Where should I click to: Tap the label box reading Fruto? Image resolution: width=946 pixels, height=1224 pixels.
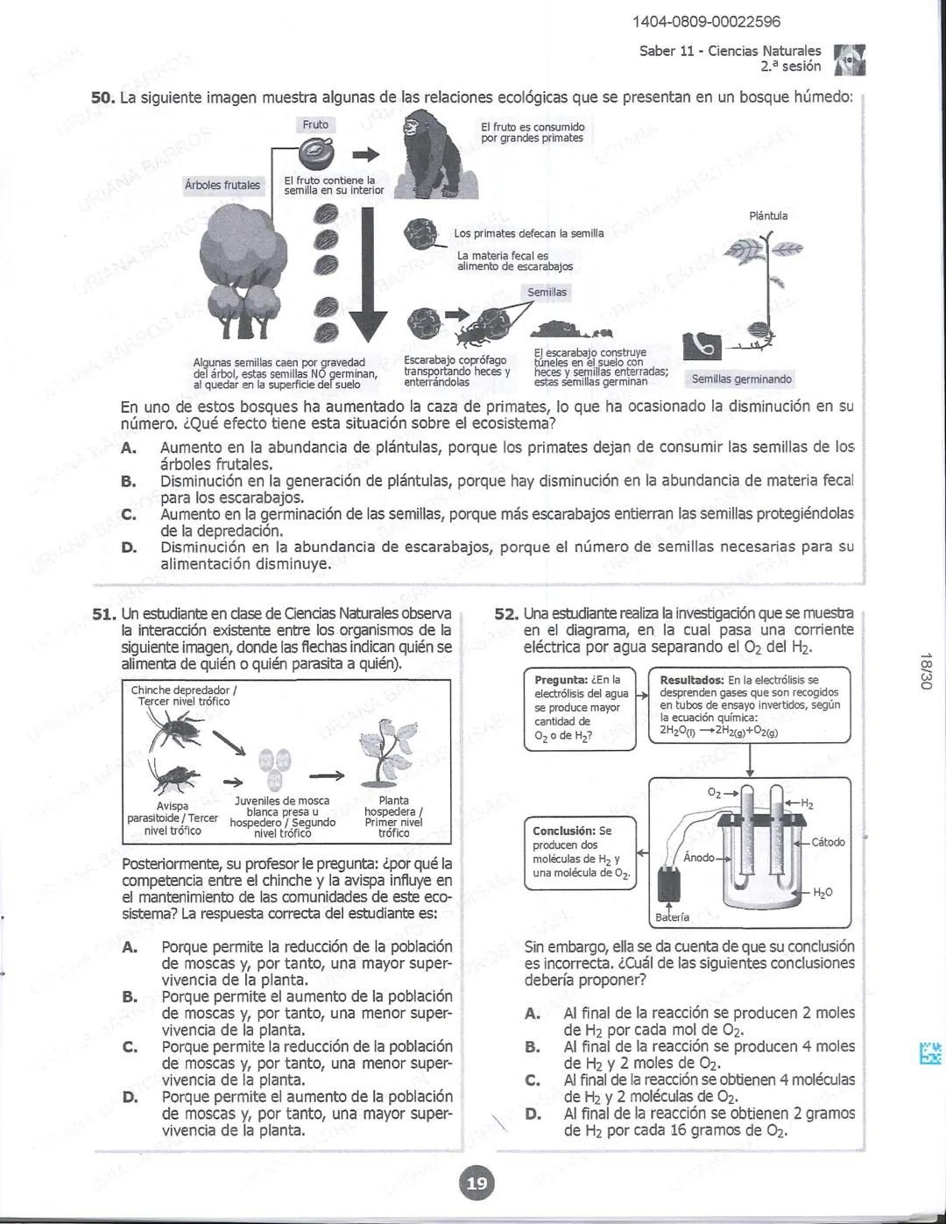point(315,125)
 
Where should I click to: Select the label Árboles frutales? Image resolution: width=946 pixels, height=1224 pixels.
point(222,185)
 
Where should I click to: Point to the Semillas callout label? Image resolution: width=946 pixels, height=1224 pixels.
point(547,292)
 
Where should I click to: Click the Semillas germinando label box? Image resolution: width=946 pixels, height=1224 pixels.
point(741,379)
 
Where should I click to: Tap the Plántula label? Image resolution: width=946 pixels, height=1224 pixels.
point(768,216)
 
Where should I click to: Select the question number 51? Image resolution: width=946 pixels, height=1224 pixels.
point(104,614)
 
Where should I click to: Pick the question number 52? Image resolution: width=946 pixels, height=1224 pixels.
point(506,614)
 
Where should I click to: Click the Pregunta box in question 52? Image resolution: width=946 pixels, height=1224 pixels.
point(581,708)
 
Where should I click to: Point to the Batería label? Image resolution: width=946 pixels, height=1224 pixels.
point(672,917)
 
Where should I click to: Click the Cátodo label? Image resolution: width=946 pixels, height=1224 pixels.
point(828,842)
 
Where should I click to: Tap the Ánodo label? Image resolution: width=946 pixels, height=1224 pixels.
point(698,857)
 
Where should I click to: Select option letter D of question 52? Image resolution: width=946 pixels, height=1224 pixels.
point(533,1114)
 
